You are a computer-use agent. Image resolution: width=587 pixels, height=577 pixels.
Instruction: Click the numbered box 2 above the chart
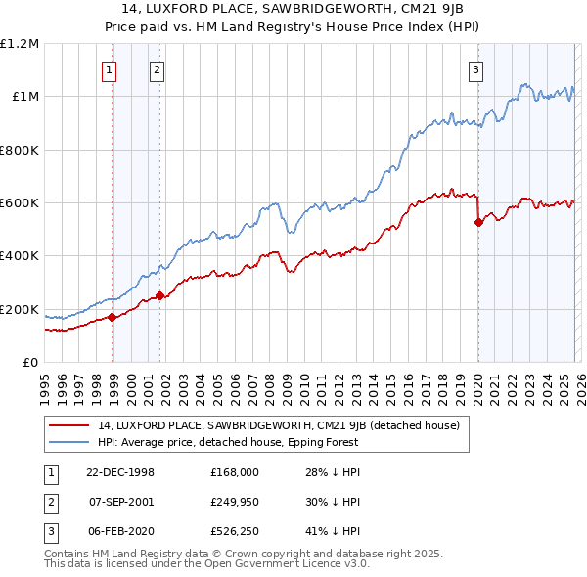pos(156,69)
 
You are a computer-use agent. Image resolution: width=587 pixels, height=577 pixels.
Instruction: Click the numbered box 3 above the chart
pos(474,69)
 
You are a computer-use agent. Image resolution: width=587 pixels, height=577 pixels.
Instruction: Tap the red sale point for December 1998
pos(113,317)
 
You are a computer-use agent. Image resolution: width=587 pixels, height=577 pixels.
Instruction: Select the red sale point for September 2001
pos(159,295)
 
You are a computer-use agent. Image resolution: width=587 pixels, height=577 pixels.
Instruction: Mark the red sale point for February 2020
pos(478,222)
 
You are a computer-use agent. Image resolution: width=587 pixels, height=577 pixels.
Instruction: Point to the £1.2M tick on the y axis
pos(20,44)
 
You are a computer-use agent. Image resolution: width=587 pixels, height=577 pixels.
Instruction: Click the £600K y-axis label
pos(20,203)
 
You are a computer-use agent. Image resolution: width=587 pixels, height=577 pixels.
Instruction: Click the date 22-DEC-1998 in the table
pos(120,472)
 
